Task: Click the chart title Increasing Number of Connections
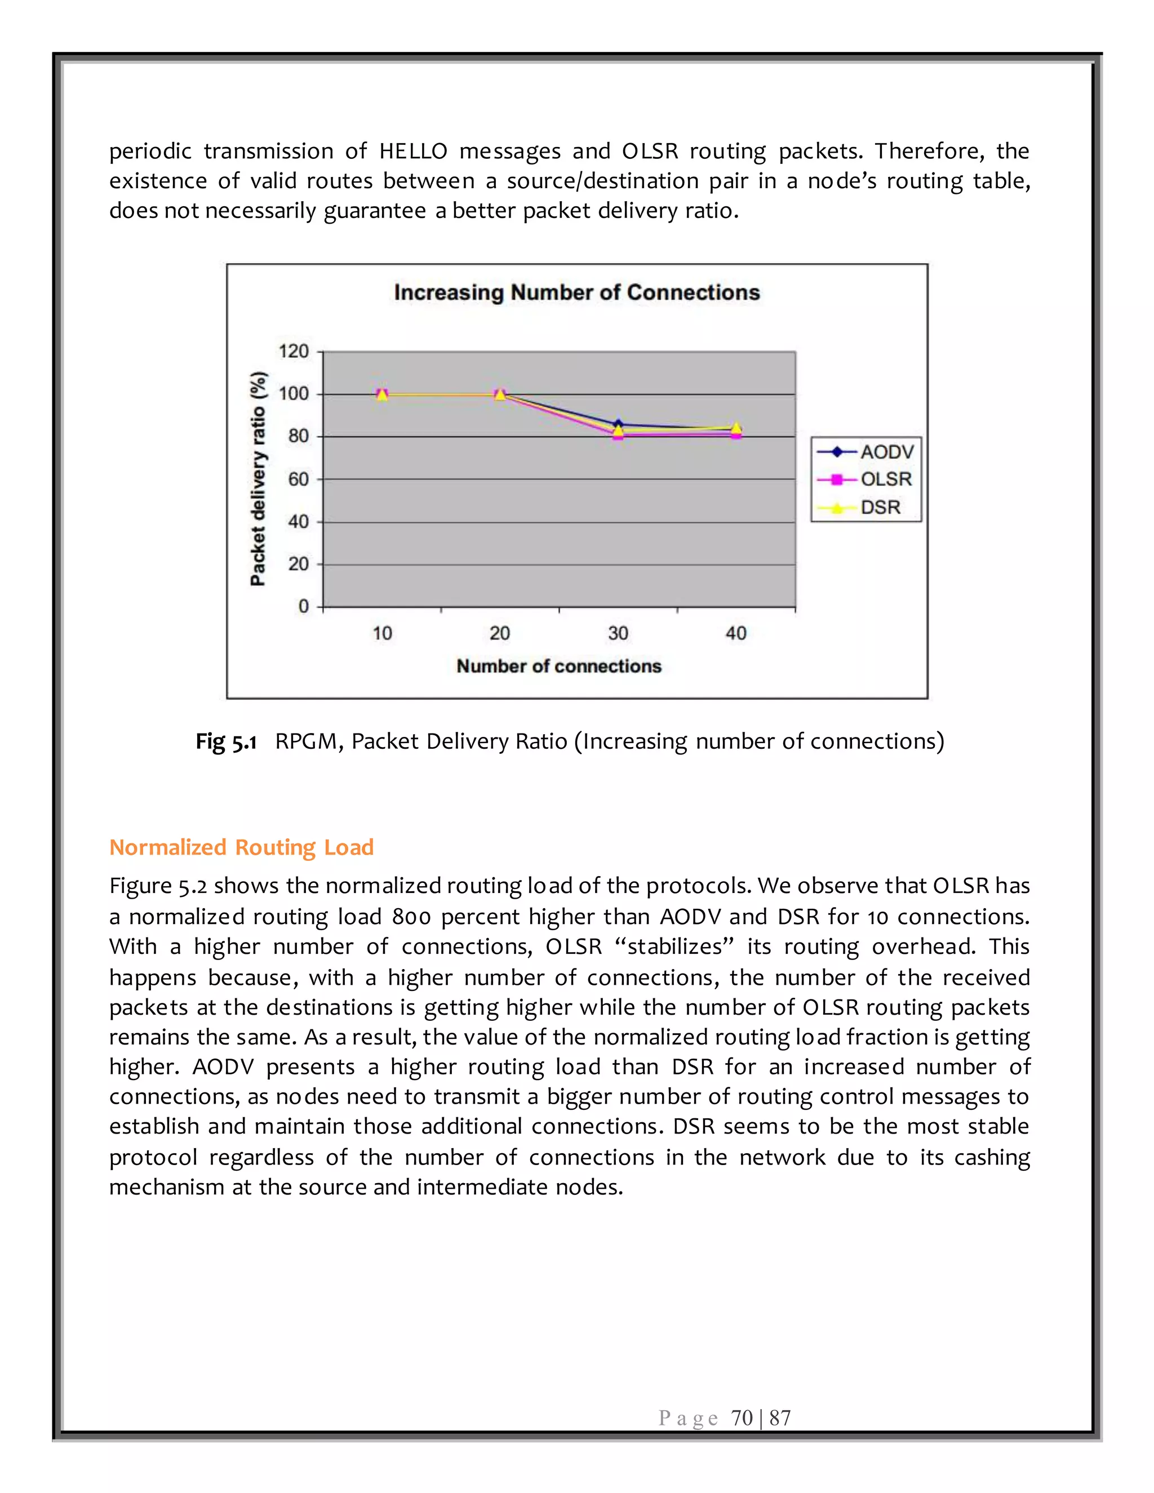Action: click(x=576, y=292)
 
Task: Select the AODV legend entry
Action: click(x=886, y=452)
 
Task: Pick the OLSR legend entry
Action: click(x=885, y=479)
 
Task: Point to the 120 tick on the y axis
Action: click(x=294, y=352)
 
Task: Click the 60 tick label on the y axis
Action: click(x=298, y=479)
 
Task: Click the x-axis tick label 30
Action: click(x=618, y=633)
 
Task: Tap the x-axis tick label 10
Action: click(x=382, y=633)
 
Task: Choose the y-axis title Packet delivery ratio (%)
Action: click(x=258, y=478)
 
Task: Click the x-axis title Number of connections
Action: click(x=558, y=666)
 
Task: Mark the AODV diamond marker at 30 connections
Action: click(x=618, y=425)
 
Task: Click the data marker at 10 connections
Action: click(x=382, y=394)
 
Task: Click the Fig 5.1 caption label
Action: click(x=225, y=741)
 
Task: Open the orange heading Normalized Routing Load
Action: click(x=241, y=847)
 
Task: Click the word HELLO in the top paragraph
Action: click(x=413, y=151)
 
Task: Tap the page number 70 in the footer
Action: click(x=742, y=1418)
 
